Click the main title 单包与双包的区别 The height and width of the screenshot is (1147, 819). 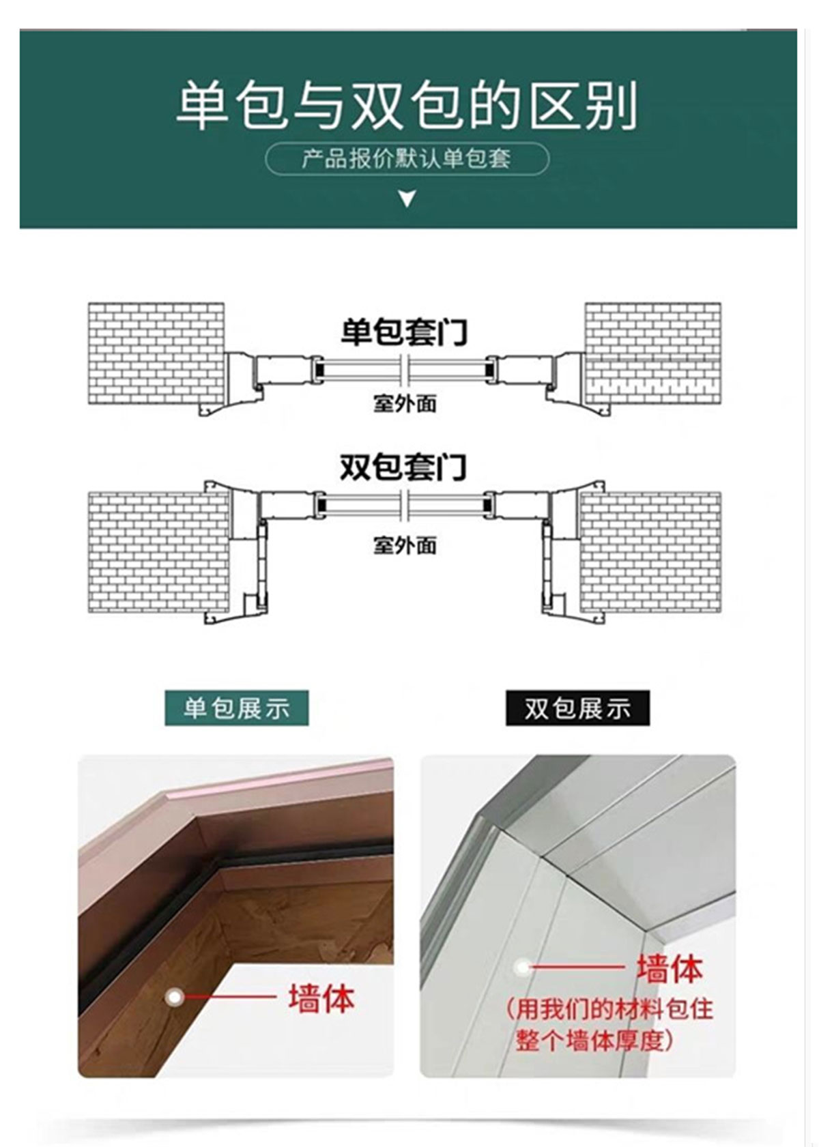407,106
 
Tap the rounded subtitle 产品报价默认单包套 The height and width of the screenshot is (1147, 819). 407,159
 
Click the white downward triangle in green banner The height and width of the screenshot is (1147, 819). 407,199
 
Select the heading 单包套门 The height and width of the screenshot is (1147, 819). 404,332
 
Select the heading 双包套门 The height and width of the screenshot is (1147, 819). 404,468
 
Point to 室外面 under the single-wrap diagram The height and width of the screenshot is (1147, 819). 405,403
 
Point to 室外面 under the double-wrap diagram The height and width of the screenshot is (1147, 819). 405,545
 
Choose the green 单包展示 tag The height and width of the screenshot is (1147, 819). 236,708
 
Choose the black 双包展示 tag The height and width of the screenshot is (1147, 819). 577,708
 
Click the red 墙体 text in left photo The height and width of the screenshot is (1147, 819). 321,999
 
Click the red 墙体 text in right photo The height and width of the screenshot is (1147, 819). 669,968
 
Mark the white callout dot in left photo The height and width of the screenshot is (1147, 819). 175,998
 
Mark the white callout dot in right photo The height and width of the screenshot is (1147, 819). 523,966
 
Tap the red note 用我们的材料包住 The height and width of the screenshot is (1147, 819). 610,1008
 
